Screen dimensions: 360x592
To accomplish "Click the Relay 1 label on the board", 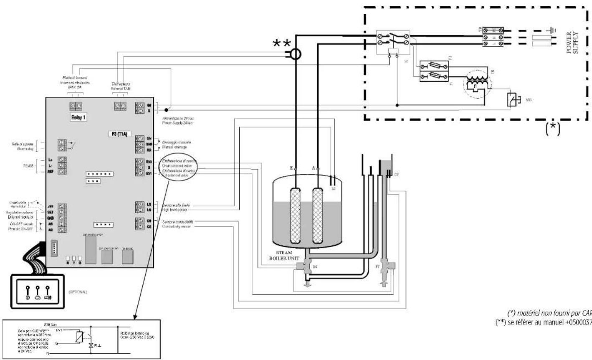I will (x=78, y=118).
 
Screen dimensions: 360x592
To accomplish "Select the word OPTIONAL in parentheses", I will (x=78, y=292).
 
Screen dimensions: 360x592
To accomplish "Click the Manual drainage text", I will (x=175, y=147).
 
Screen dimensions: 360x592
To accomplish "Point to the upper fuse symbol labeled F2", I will (x=434, y=66).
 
